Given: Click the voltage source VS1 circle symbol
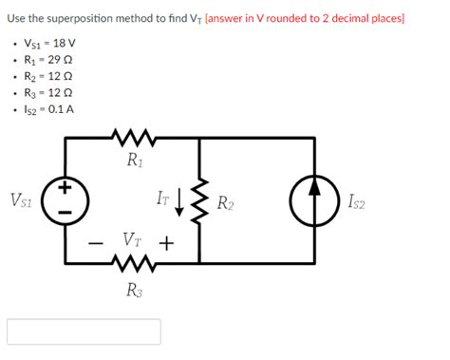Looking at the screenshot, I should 66,200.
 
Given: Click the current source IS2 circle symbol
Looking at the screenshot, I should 315,200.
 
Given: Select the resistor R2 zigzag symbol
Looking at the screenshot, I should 199,200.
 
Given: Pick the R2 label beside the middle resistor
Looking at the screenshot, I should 226,201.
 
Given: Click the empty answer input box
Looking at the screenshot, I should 84,332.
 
